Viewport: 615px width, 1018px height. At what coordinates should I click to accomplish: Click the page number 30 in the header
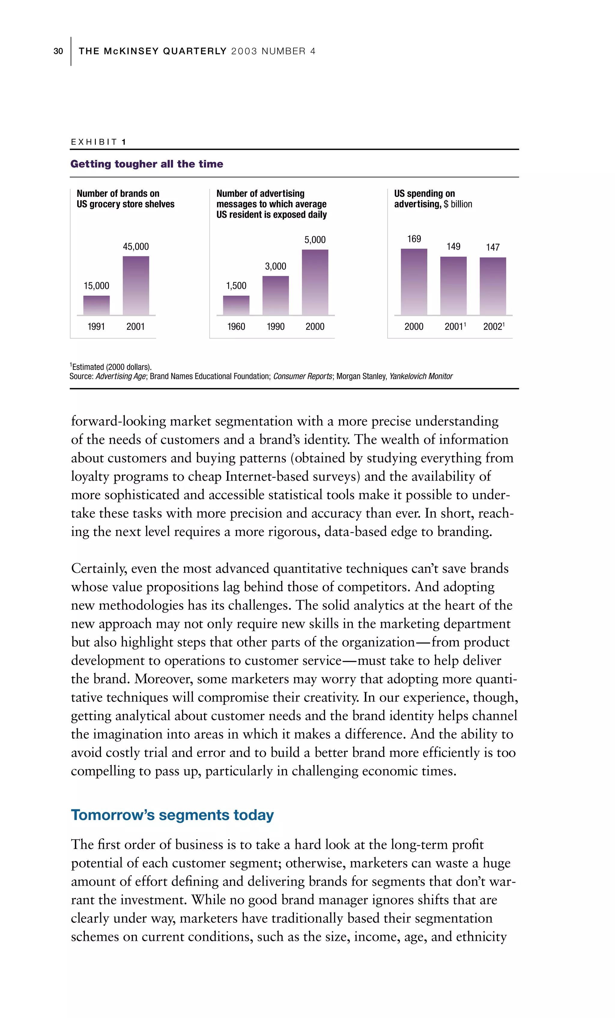[58, 51]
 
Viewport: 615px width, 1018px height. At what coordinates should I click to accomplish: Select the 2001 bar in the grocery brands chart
[136, 286]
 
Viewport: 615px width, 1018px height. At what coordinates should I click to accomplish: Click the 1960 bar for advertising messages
[236, 305]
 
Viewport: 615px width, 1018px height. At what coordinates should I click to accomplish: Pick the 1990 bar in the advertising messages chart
[276, 295]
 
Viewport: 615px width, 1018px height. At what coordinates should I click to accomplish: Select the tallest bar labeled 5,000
[315, 282]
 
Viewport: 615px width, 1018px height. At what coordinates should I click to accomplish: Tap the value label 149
[453, 247]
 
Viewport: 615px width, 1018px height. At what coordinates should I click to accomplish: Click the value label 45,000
[136, 247]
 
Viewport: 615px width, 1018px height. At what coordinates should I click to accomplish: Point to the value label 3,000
[275, 267]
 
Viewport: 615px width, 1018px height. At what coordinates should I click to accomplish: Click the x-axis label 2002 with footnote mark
[494, 326]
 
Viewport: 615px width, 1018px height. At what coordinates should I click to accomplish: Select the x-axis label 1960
[236, 326]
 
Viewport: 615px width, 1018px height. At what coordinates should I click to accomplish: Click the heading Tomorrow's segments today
[172, 815]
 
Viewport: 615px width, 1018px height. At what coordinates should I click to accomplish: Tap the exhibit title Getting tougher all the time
[147, 164]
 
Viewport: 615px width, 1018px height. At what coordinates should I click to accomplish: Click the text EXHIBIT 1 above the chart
[98, 142]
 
